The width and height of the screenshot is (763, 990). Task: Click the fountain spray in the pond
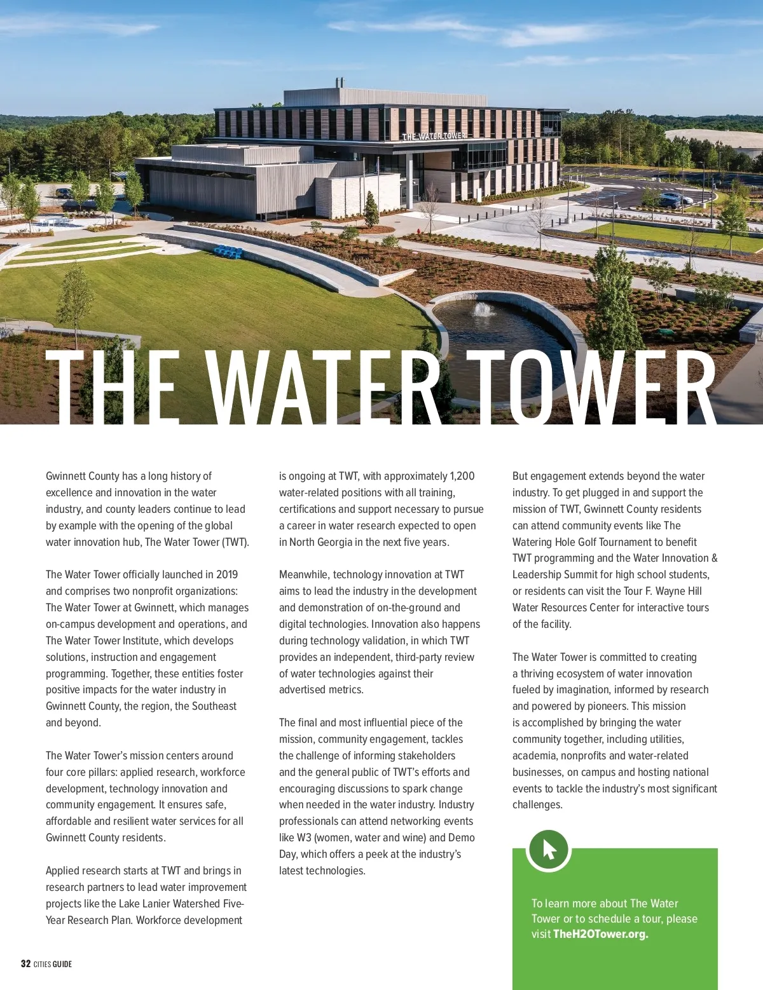485,309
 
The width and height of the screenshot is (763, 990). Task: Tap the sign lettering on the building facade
434,136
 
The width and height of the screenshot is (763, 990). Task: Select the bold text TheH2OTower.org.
600,934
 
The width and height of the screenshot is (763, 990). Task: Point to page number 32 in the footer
25,964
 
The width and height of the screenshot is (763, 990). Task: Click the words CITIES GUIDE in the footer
53,964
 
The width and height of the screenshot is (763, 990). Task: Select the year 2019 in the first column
227,574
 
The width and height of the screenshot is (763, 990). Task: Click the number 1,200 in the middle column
462,476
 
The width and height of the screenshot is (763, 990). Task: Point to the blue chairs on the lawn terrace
228,252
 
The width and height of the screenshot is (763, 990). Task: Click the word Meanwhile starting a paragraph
303,574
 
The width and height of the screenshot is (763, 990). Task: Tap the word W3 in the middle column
304,837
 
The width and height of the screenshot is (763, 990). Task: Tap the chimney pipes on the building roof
340,83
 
